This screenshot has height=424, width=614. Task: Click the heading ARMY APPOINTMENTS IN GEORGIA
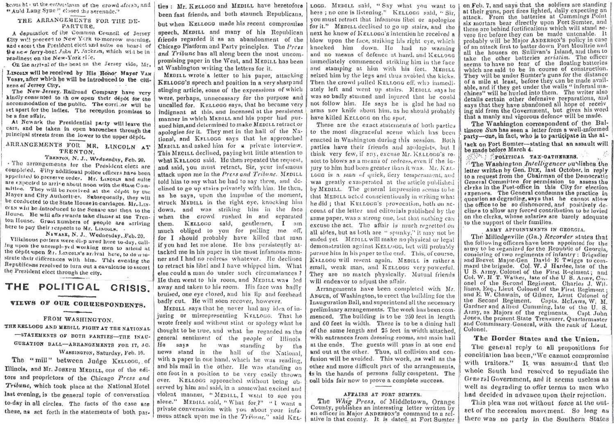tap(535, 230)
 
